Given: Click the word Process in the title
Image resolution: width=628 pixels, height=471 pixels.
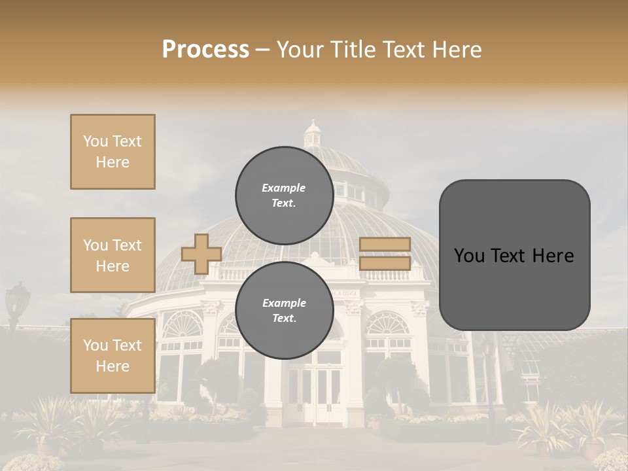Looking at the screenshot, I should tap(205, 50).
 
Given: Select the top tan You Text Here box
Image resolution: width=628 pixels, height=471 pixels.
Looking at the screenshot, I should tap(113, 152).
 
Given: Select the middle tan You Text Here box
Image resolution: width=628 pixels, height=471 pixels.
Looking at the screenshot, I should tap(113, 255).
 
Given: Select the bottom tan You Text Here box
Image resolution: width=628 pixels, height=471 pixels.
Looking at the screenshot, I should tap(113, 355).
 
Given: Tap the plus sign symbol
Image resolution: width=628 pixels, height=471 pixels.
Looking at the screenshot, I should tap(201, 254).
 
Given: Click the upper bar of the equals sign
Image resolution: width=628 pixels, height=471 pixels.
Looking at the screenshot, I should tap(385, 244).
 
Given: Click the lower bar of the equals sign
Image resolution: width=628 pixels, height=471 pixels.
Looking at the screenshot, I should tap(385, 263).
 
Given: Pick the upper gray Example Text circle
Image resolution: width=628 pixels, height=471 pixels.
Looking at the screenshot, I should tap(284, 195).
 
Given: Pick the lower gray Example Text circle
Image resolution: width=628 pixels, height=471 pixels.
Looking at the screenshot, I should tap(284, 310).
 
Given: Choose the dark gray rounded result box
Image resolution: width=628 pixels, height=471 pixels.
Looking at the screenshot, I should tap(514, 255).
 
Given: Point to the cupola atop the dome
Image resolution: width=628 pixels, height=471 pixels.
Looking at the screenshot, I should tap(313, 134).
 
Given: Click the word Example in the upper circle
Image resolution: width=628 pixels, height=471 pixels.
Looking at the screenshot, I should tap(283, 188).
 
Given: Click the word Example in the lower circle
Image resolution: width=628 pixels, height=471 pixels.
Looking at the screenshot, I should tap(284, 303).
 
